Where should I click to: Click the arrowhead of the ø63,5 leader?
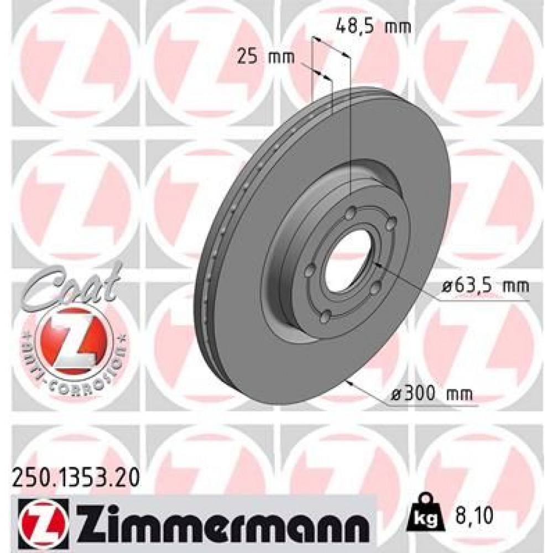375,264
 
